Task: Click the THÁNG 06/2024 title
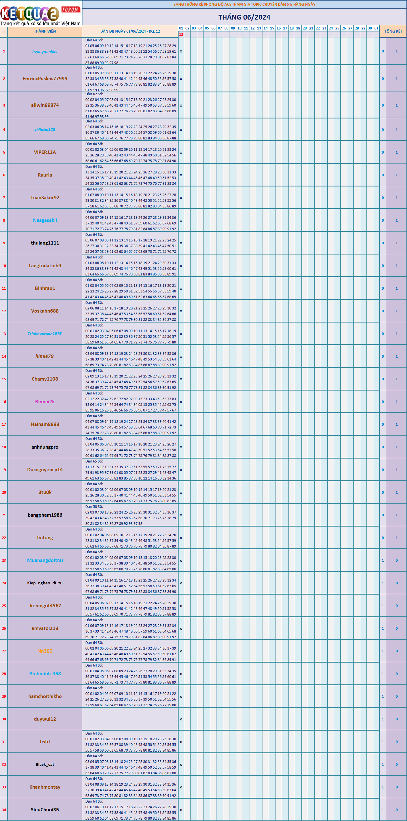[244, 17]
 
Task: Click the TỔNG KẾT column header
[393, 31]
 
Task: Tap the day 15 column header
[272, 28]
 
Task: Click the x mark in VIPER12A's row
[181, 152]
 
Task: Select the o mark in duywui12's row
[181, 719]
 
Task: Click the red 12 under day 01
[181, 34]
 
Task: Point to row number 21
[4, 515]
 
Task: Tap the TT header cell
[4, 31]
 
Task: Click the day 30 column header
[370, 28]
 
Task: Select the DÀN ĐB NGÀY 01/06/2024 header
[130, 31]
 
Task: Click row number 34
[4, 810]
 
